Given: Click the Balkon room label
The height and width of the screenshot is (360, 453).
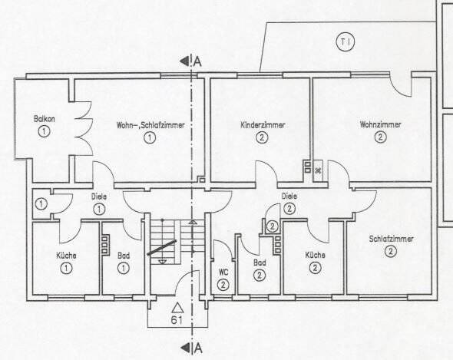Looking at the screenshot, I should tap(42, 119).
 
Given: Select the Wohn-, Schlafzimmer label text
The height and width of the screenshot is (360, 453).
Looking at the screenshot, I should tap(150, 124).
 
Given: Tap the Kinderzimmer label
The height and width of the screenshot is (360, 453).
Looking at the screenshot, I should tap(262, 124).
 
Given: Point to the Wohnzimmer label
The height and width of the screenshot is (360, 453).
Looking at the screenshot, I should tap(379, 124).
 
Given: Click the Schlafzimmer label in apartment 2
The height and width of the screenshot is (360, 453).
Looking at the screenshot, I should tap(391, 239).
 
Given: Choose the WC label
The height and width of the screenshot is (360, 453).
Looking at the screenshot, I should tap(223, 272).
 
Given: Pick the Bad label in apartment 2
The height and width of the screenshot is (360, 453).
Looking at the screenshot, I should tap(260, 262).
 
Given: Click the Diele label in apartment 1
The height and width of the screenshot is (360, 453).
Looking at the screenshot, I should tap(99, 196).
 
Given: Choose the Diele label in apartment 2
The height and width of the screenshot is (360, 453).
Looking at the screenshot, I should tap(289, 196).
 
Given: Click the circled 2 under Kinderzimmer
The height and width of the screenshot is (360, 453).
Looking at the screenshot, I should tap(262, 138).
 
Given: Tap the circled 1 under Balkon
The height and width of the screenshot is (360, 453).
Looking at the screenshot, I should tap(42, 132).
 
